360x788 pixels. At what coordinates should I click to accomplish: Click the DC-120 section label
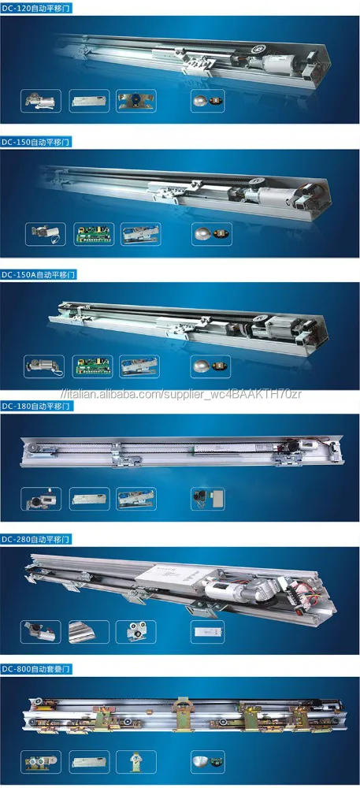pyautogui.click(x=37, y=8)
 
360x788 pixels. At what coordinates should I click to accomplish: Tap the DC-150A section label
pyautogui.click(x=39, y=274)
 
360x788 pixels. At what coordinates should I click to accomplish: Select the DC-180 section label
pyautogui.click(x=37, y=406)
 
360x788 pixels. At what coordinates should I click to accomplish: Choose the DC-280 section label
pyautogui.click(x=37, y=539)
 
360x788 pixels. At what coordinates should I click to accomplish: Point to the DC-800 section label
pyautogui.click(x=37, y=669)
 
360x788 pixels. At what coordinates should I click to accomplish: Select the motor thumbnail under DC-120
pyautogui.click(x=41, y=101)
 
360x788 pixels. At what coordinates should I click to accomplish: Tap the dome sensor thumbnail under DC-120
pyautogui.click(x=208, y=101)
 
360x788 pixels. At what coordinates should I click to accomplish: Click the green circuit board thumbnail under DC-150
pyautogui.click(x=94, y=234)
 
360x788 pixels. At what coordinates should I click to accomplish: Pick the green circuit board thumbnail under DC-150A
pyautogui.click(x=92, y=366)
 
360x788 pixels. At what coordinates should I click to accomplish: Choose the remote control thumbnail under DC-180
pyautogui.click(x=208, y=499)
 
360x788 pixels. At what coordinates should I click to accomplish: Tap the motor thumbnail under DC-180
pyautogui.click(x=41, y=499)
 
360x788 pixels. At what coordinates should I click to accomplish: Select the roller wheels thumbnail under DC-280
pyautogui.click(x=135, y=632)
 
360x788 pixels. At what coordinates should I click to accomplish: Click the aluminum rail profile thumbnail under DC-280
pyautogui.click(x=89, y=632)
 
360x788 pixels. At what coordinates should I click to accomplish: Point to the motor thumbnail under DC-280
pyautogui.click(x=41, y=632)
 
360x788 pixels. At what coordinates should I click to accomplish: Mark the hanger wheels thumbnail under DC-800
pyautogui.click(x=41, y=762)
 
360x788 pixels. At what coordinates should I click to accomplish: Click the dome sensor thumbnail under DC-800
pyautogui.click(x=208, y=762)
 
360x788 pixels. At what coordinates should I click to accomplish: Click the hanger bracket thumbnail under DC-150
pyautogui.click(x=141, y=234)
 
